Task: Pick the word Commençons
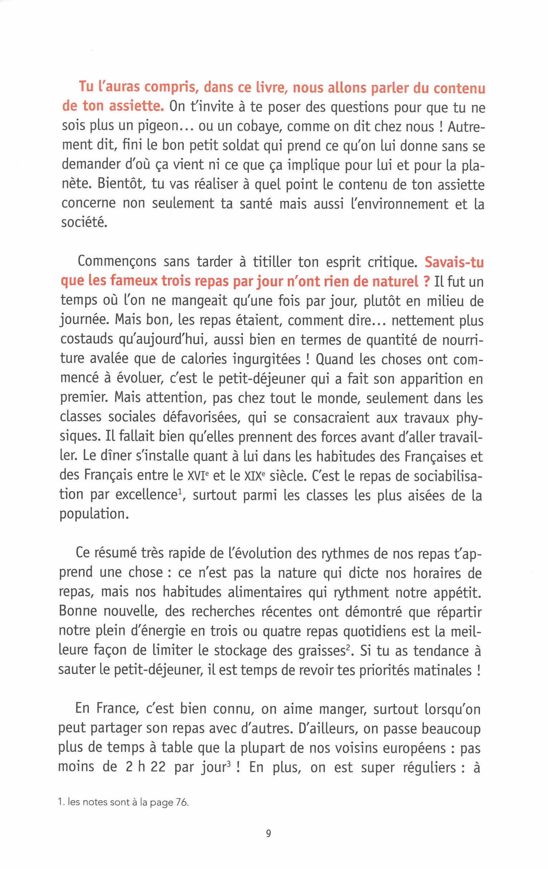click(117, 262)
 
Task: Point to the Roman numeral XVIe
click(197, 476)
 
